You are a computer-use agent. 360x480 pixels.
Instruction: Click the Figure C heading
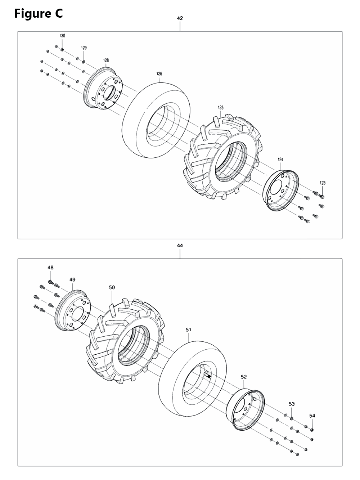39,14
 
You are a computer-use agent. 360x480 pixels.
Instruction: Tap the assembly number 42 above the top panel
180,18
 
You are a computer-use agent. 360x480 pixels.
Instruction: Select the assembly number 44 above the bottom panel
180,246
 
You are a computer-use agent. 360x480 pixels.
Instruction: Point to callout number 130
62,36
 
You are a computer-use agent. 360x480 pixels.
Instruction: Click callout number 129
84,48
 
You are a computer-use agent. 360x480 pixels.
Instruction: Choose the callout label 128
106,60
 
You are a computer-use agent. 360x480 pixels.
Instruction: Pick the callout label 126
159,74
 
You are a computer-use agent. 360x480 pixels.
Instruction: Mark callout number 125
221,107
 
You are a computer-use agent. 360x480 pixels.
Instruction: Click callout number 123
323,183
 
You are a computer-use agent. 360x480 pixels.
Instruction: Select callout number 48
50,268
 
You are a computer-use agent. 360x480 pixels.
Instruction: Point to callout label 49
73,279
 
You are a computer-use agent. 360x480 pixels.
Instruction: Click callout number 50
112,287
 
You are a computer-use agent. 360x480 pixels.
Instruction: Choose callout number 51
189,329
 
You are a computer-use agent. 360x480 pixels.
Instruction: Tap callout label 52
244,377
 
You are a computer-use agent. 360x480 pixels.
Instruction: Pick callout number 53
292,404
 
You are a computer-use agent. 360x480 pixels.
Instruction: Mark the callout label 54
312,416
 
